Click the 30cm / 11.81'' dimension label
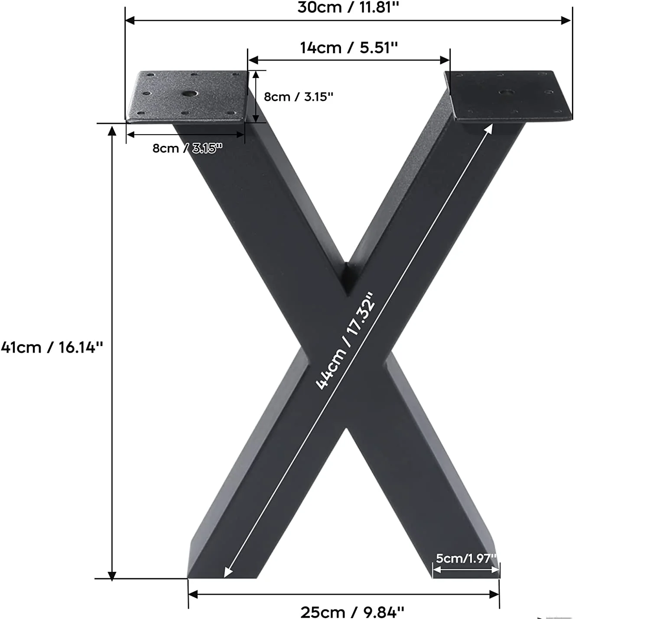(348, 7)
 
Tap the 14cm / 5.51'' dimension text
(349, 48)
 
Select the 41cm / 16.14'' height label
(52, 347)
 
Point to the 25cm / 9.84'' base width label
(352, 612)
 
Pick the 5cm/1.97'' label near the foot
(466, 558)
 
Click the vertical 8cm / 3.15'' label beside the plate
(299, 97)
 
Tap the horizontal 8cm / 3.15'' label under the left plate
(187, 148)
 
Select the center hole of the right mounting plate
(505, 92)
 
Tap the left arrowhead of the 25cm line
(193, 594)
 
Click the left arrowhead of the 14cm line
(253, 60)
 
